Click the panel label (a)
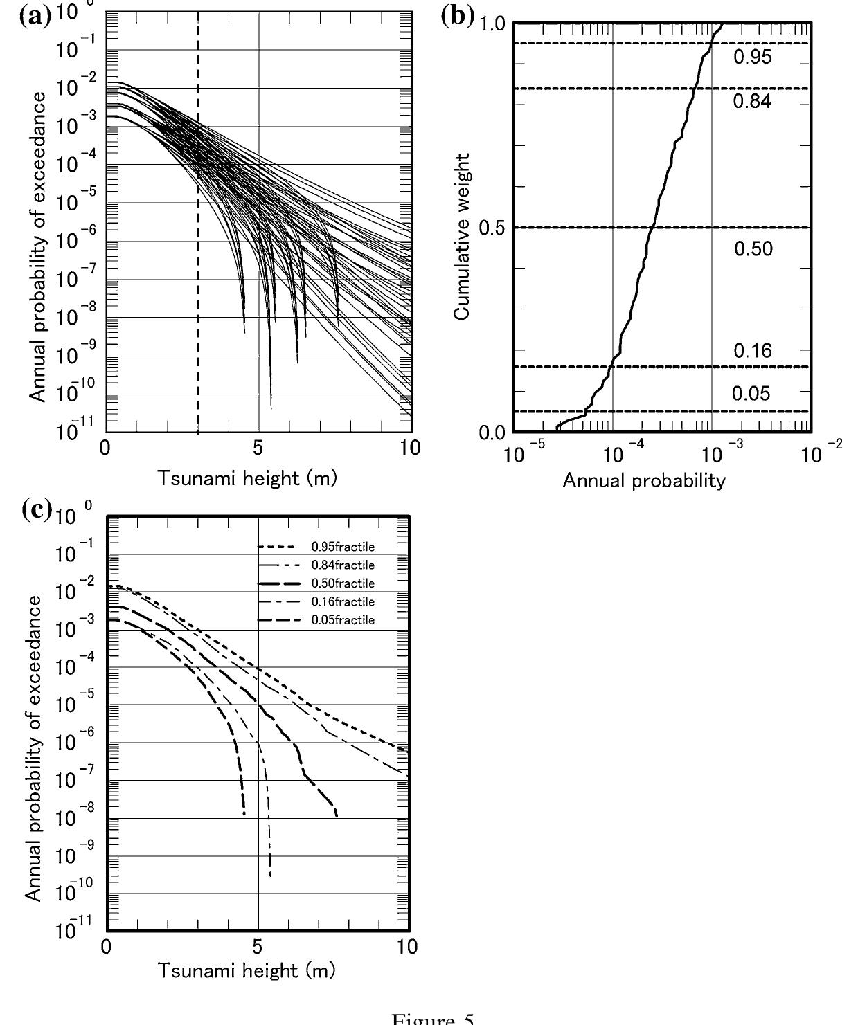coord(36,15)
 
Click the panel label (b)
coord(458,16)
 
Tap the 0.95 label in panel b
coord(752,57)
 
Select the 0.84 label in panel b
coord(752,102)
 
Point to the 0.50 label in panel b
coord(753,248)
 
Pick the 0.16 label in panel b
coord(752,351)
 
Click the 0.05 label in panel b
coord(751,394)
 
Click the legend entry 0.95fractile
coord(343,547)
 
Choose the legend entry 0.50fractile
coord(343,583)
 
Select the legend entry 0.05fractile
coord(343,620)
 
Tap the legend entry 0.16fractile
coord(343,602)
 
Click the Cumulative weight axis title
coord(463,237)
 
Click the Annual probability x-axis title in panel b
coord(644,480)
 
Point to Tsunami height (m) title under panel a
coord(247,478)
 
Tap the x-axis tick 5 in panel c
coord(258,947)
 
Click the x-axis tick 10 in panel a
coord(410,447)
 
